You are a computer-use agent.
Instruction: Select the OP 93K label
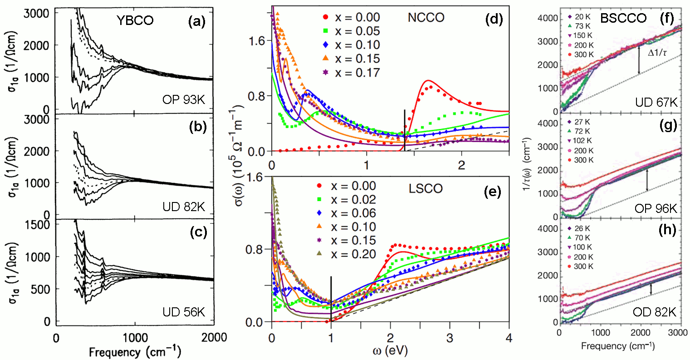point(183,99)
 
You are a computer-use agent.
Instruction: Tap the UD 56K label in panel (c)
point(183,312)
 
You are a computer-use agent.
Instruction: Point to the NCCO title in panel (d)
point(426,17)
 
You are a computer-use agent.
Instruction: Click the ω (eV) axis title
point(390,352)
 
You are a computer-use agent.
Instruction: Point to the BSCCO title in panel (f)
point(623,18)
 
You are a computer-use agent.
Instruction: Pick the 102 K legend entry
point(581,141)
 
